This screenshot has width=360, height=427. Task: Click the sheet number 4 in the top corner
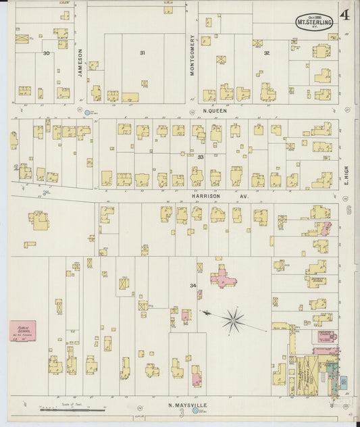344,14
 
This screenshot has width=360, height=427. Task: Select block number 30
47,53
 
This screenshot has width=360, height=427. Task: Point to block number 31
143,53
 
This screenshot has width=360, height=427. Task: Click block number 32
267,53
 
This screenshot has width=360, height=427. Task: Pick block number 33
201,157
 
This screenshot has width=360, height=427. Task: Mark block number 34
193,286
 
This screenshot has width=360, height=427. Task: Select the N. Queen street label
215,109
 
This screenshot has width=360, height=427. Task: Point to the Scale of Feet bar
73,408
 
